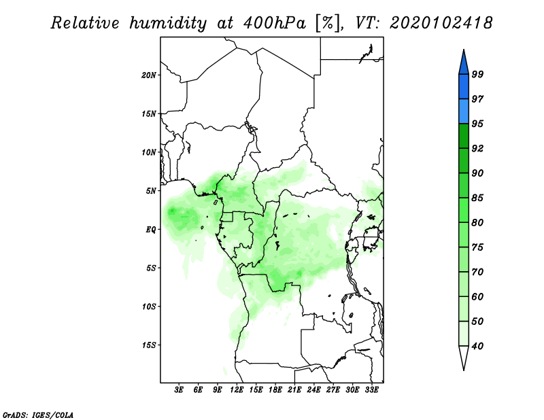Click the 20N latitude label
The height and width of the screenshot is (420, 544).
(148, 75)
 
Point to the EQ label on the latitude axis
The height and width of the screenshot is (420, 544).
(151, 230)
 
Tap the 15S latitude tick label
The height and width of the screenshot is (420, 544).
(148, 345)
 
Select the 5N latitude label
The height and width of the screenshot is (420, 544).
(150, 191)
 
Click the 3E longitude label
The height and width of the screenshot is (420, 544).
(179, 390)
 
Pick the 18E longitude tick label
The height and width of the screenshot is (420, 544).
(275, 390)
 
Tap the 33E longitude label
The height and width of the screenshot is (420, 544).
(371, 390)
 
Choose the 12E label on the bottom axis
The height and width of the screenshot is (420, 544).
(237, 390)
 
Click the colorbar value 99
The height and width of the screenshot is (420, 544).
(477, 74)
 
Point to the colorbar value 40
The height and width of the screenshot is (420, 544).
(477, 346)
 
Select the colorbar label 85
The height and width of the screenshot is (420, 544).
(477, 198)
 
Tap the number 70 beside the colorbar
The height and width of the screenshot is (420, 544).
(477, 272)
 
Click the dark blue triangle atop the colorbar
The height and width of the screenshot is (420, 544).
(464, 64)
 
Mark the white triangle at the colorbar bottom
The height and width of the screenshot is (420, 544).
(464, 356)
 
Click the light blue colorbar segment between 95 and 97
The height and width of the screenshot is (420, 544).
(464, 111)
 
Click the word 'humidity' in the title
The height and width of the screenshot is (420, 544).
(168, 23)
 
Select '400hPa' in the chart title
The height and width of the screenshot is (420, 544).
(275, 23)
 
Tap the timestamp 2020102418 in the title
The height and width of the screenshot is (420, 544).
(441, 22)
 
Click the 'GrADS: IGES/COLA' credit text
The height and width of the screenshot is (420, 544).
(38, 415)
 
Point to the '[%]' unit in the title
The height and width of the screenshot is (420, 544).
(328, 23)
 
